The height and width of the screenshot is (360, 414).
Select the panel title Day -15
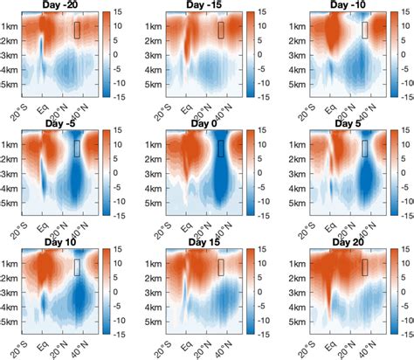click(209, 5)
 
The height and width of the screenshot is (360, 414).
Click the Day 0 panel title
click(209, 124)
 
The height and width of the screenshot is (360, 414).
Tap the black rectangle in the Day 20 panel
click(364, 267)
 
